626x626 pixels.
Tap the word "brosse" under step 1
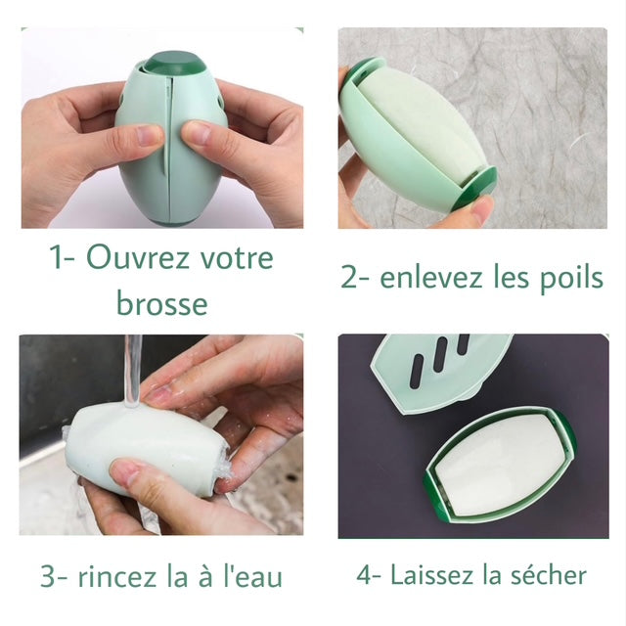pyautogui.click(x=162, y=302)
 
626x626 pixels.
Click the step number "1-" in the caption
pyautogui.click(x=63, y=259)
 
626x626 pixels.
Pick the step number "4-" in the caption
pyautogui.click(x=368, y=574)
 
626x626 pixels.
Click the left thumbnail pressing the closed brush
pyautogui.click(x=148, y=136)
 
